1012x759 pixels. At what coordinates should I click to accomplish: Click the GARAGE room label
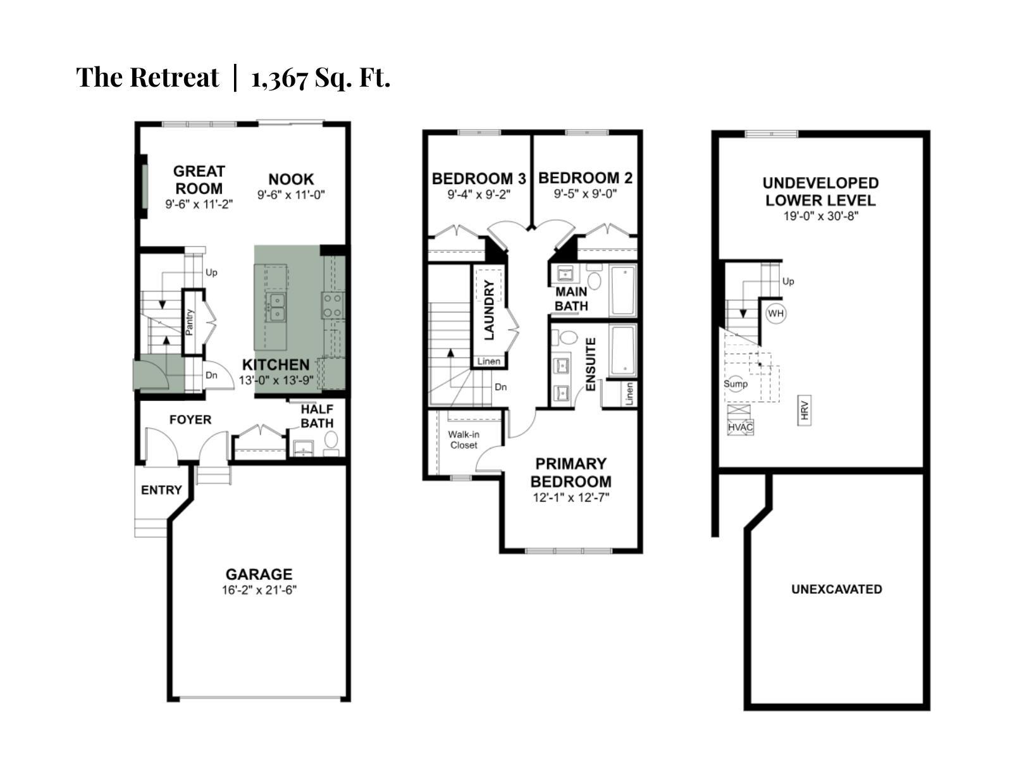(259, 574)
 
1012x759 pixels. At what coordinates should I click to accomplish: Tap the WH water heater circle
(775, 313)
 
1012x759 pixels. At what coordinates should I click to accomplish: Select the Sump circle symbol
(735, 383)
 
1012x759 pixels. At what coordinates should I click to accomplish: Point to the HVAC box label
(740, 428)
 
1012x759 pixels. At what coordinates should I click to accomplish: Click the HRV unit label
(805, 410)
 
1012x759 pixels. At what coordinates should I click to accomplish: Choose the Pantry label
(190, 322)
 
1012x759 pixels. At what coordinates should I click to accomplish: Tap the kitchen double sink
(276, 306)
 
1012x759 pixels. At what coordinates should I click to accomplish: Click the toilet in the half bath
(331, 440)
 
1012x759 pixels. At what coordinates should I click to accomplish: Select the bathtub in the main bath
(622, 290)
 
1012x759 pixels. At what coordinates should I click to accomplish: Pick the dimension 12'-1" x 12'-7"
(571, 498)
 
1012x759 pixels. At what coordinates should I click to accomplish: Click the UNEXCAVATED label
(836, 589)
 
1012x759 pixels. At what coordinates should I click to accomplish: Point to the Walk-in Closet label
(464, 440)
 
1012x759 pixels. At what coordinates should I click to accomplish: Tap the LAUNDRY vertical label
(489, 311)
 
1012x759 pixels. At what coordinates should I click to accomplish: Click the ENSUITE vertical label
(591, 364)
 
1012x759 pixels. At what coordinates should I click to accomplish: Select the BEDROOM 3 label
(479, 179)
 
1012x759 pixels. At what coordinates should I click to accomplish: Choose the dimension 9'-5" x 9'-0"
(585, 194)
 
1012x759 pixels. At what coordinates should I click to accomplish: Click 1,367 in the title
(279, 78)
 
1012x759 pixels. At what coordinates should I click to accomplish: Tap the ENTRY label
(161, 490)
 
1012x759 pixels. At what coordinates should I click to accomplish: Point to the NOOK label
(291, 179)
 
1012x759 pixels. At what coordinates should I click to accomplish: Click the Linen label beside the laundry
(489, 362)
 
